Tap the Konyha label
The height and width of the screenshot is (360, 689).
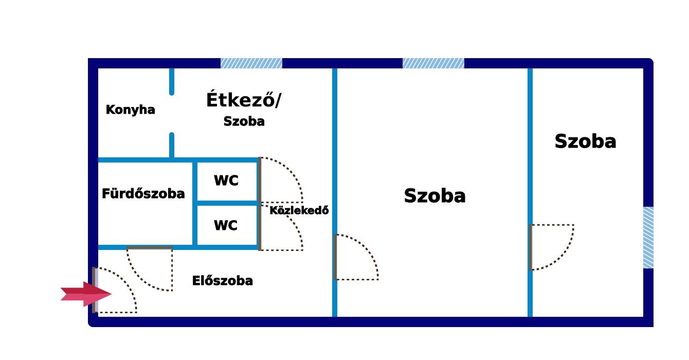[x=130, y=110]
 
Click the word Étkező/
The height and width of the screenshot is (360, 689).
[x=244, y=100]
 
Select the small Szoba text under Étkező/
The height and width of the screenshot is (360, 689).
[x=244, y=121]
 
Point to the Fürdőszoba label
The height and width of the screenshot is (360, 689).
[x=143, y=194]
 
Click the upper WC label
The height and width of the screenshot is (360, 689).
[x=226, y=181]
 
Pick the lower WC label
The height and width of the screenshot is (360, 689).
[x=226, y=225]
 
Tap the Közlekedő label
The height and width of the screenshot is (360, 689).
[x=299, y=210]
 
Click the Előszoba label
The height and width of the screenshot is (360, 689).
[x=222, y=281]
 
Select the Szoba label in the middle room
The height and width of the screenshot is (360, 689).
[x=434, y=196]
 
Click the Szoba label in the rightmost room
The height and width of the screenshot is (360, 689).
[x=585, y=141]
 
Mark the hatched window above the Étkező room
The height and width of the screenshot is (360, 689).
[x=251, y=63]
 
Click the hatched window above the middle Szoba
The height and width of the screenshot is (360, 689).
[x=433, y=63]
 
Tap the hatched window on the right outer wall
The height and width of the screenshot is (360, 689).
[x=648, y=237]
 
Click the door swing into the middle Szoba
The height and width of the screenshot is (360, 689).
[x=356, y=257]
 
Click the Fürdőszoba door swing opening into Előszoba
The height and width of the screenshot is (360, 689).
[x=150, y=269]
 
